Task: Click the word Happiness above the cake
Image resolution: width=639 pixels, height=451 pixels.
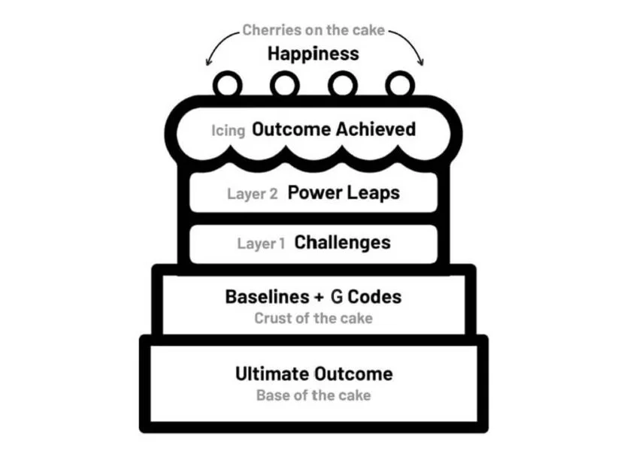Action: coord(313,53)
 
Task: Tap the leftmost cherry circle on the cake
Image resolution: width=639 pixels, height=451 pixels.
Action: coord(226,84)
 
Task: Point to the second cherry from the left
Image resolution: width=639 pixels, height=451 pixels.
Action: coord(283,84)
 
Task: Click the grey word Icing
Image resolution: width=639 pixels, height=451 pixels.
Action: coord(229,131)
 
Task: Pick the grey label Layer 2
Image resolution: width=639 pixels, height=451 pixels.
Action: coord(253,194)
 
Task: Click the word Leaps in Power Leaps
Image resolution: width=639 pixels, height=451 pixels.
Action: coord(374,193)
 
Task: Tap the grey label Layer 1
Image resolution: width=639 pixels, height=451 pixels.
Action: coord(262,244)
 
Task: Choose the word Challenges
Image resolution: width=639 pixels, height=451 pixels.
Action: coord(342,242)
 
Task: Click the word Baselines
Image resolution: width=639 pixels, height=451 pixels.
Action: coord(257,297)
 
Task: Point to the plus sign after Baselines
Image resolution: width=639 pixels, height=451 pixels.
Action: coord(307,298)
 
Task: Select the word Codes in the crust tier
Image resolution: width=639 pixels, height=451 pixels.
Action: coord(374,297)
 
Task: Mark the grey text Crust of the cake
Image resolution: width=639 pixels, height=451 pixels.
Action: coord(313,318)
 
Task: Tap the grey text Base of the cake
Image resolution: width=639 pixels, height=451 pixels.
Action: coord(313,395)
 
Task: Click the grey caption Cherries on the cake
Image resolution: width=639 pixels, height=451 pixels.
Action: coord(313,31)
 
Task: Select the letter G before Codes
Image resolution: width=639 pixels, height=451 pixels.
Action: coord(336,297)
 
